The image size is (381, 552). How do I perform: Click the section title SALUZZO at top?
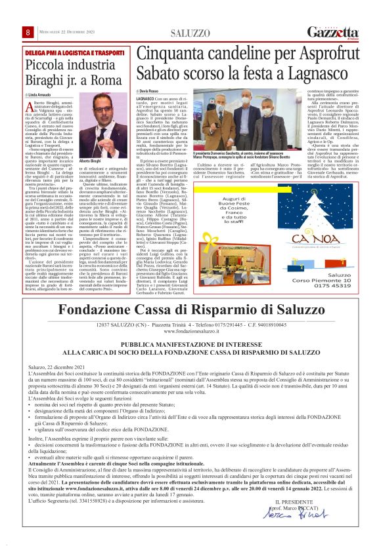click(189, 33)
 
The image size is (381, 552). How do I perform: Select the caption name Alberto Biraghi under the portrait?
click(89, 161)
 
